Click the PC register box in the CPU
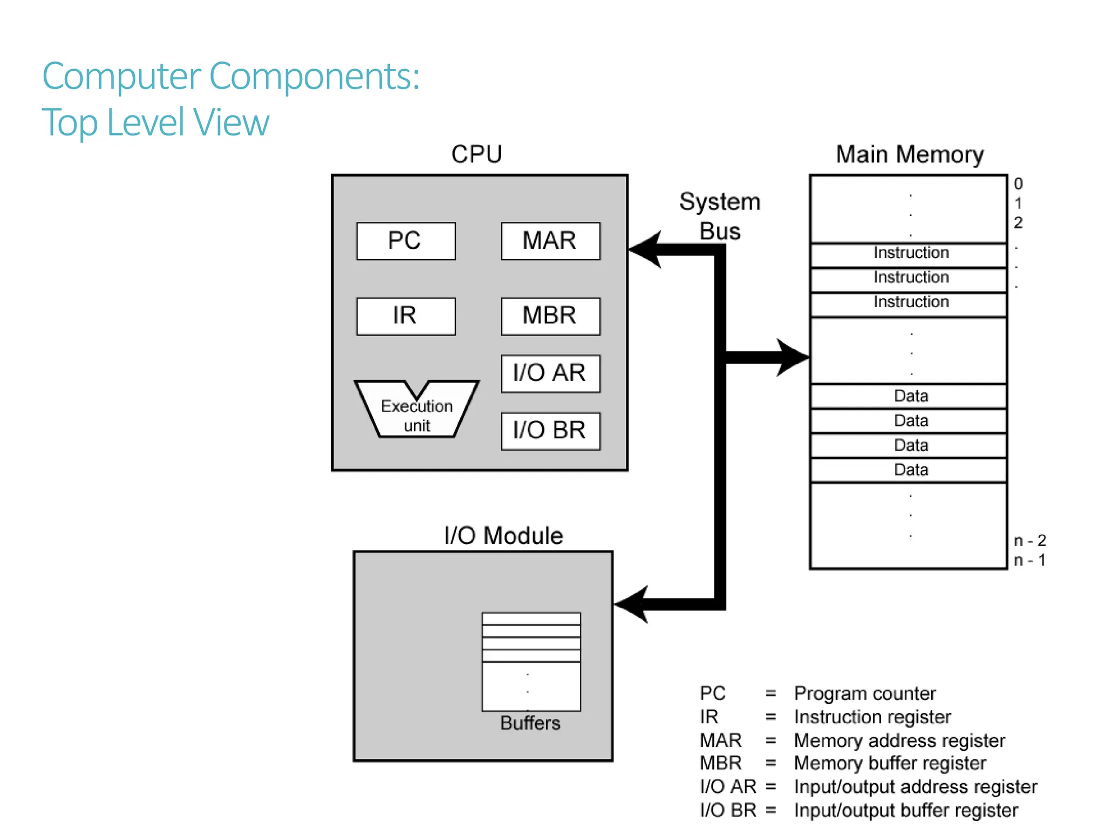coord(406,241)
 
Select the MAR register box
coord(550,241)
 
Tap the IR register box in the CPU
coord(406,316)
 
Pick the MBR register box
coord(550,316)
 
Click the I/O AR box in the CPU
coord(550,373)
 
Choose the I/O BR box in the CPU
coord(550,431)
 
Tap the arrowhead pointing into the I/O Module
coord(632,604)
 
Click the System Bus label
coord(720,216)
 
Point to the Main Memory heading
coord(910,154)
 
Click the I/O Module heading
coord(503,536)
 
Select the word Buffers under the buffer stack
coord(530,723)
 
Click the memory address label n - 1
coord(1029,560)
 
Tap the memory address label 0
coord(1018,184)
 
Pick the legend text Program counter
coord(865,694)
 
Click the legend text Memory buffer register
coord(890,763)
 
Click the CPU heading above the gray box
coord(476,154)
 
